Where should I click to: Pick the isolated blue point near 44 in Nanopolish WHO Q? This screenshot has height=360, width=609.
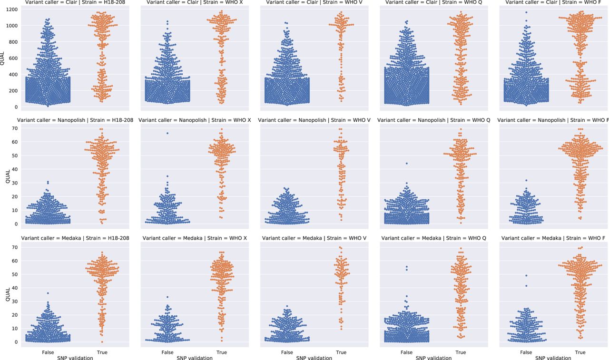(x=407, y=163)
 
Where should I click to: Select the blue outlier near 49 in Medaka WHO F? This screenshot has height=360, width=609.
(x=526, y=275)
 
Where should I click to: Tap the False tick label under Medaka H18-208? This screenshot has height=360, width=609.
(x=48, y=352)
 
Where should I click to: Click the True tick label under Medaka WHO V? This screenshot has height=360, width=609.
(x=341, y=352)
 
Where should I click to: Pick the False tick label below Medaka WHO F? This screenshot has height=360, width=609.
(x=526, y=352)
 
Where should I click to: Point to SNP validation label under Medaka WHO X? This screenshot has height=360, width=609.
(x=194, y=358)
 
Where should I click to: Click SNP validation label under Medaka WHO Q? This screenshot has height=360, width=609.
(x=433, y=358)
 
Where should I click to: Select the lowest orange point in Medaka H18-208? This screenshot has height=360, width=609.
(x=102, y=342)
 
